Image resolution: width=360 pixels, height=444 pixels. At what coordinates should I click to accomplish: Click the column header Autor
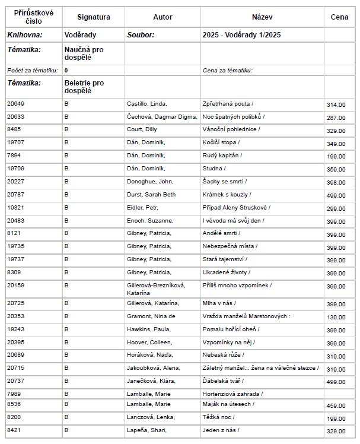[163, 17]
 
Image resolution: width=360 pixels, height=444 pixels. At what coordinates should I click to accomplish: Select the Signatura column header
[93, 17]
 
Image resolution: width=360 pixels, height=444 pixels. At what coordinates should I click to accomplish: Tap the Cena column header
[339, 17]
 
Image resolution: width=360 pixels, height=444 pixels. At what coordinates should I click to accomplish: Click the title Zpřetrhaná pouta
[228, 104]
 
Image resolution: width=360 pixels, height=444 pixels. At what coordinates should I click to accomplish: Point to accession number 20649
[16, 104]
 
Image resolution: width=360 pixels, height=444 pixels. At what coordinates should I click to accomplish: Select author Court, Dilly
[142, 129]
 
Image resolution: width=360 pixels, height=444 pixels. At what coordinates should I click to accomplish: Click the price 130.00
[336, 318]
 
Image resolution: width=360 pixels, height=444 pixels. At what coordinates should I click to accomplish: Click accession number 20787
[16, 195]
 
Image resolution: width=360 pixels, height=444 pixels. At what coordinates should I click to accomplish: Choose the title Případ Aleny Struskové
[236, 208]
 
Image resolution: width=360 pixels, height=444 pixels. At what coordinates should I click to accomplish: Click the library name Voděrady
[81, 35]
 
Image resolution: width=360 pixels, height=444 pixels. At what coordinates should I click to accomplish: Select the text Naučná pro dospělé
[84, 53]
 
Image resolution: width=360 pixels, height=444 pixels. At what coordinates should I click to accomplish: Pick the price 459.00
[336, 406]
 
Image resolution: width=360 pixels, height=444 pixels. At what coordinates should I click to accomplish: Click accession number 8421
[14, 430]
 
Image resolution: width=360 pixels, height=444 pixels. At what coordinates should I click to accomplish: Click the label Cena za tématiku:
[228, 71]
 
